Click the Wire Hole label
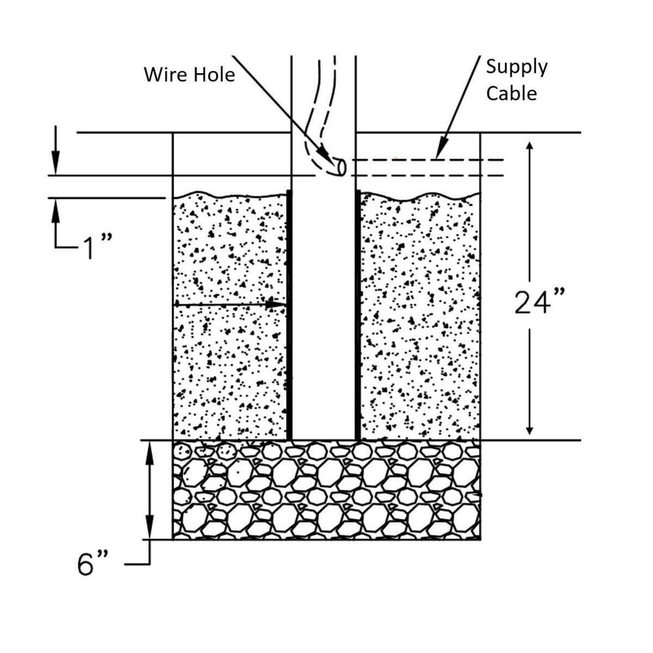189,74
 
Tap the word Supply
516,67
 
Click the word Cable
511,94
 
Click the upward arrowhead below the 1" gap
55,207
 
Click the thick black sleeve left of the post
289,316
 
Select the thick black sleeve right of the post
358,316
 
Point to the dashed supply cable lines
430,168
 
